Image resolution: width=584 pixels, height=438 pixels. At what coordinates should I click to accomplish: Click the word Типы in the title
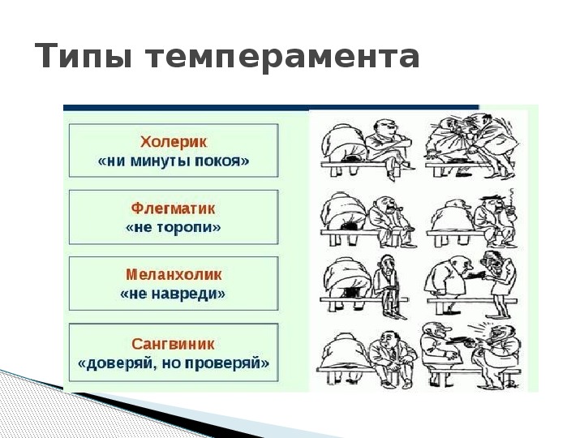(83, 56)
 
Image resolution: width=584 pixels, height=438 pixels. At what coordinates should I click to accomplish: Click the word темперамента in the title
(283, 58)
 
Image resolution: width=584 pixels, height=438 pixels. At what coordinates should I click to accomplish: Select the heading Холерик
(174, 142)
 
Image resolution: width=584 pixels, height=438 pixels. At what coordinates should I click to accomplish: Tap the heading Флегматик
(174, 208)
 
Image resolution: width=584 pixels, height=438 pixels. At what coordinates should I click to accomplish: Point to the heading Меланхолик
(174, 274)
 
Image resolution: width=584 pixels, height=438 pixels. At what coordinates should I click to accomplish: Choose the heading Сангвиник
(174, 344)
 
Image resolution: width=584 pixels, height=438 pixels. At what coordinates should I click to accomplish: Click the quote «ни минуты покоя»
(174, 161)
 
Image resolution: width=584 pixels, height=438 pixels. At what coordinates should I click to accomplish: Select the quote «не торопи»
(174, 227)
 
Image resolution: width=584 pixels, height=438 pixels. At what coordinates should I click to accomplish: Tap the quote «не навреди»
(173, 294)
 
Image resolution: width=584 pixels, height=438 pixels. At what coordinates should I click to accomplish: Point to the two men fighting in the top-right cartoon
(471, 148)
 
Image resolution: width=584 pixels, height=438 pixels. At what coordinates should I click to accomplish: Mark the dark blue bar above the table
(271, 108)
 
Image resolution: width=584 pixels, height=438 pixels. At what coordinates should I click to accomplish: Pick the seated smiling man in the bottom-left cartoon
(393, 357)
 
